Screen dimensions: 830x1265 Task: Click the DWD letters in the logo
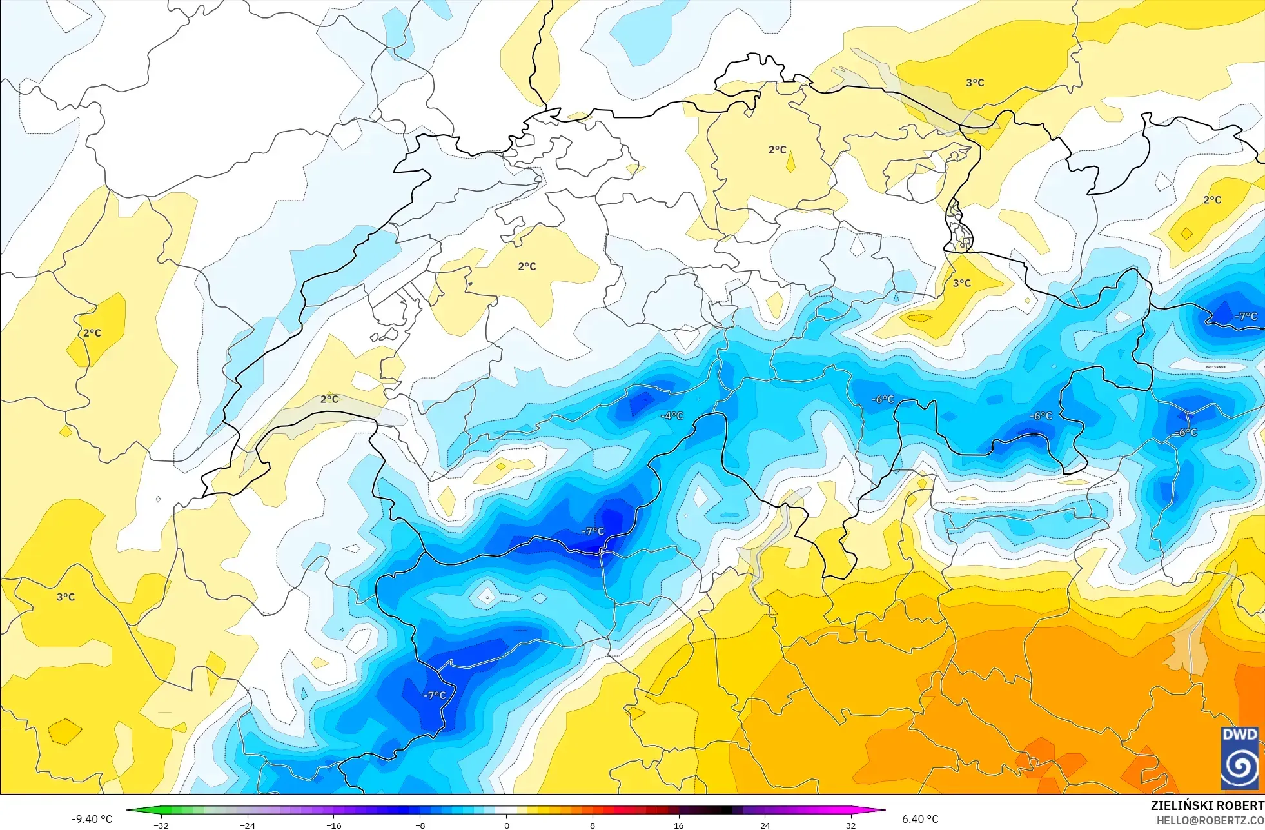pos(1239,735)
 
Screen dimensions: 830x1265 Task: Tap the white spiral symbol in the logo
pos(1239,766)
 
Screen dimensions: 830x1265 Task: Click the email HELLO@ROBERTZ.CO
pos(1210,820)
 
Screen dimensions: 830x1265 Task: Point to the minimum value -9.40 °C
pos(92,819)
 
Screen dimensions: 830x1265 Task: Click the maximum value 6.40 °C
pos(920,819)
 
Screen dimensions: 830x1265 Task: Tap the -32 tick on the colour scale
pos(161,825)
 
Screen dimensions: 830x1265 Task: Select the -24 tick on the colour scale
pos(247,825)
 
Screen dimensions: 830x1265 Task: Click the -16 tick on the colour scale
pos(333,825)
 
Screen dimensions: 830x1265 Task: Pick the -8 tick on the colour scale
pos(420,825)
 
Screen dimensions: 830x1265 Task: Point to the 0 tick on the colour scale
pos(507,825)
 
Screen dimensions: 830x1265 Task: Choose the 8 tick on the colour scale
pos(593,825)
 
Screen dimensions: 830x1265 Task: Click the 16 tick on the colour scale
pos(678,825)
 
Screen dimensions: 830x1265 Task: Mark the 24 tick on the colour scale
pos(765,825)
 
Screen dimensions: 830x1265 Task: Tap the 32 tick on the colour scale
pos(851,825)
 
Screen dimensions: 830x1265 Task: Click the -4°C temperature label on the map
pos(672,416)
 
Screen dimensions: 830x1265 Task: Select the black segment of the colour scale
pos(722,810)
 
